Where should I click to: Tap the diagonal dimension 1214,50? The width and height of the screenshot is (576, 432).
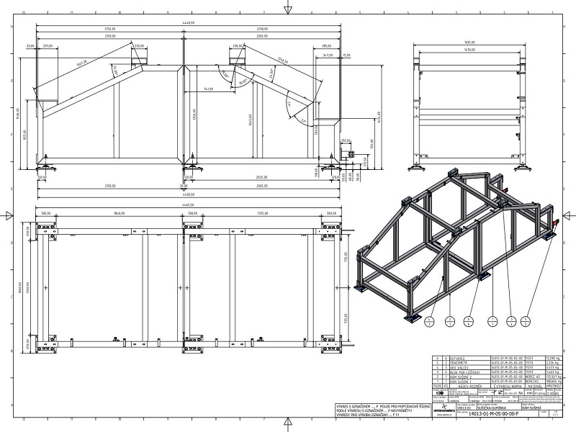pos(284,63)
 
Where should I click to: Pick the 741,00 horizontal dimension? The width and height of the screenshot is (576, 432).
pos(208,89)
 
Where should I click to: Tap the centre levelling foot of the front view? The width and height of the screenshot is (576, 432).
pos(192,167)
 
